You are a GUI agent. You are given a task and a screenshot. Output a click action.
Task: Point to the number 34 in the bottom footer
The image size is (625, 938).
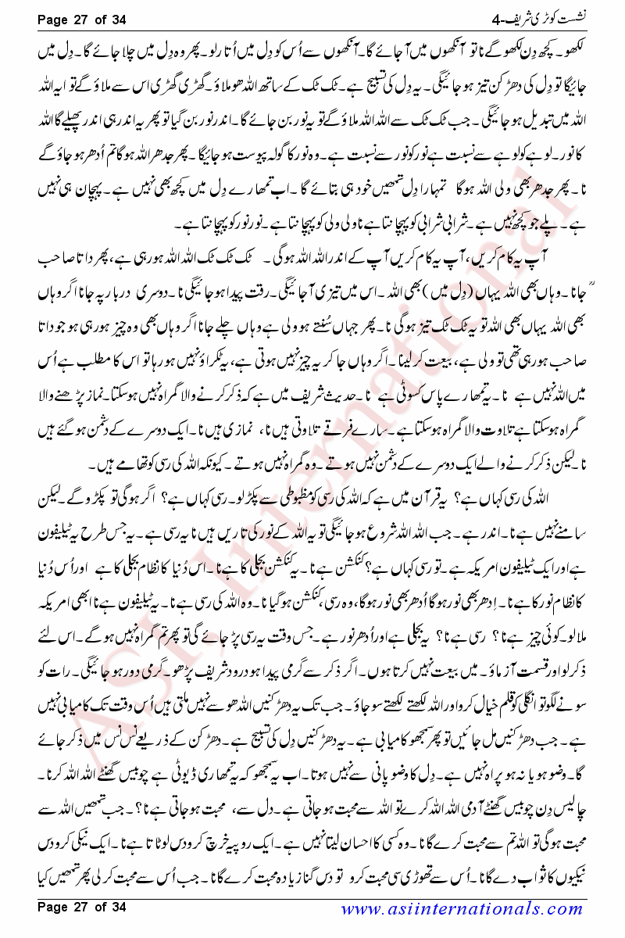(x=116, y=907)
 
